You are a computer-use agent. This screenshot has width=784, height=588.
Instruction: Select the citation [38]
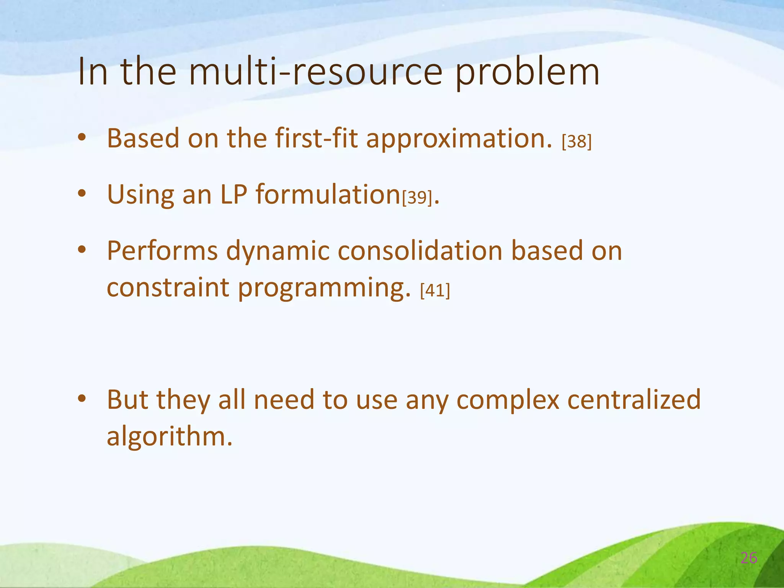(x=577, y=142)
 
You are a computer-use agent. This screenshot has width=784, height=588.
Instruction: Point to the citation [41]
(x=435, y=291)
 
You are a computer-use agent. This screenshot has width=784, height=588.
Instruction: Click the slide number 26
(x=749, y=558)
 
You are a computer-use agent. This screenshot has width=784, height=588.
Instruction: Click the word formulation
(x=328, y=194)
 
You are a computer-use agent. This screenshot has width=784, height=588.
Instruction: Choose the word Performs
(x=162, y=251)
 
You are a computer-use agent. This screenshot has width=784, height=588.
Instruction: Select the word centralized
(x=634, y=400)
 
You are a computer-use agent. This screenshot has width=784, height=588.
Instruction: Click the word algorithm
(x=169, y=436)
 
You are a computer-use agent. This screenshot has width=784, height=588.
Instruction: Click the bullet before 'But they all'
(x=82, y=399)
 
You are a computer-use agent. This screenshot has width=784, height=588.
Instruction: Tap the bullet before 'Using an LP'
(x=82, y=194)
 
